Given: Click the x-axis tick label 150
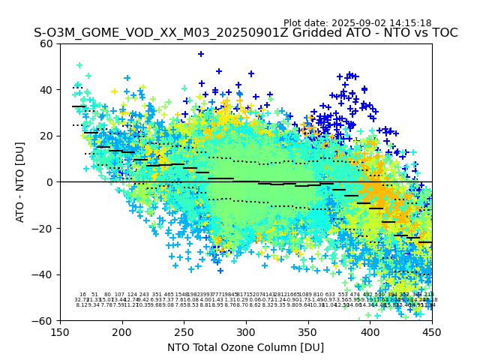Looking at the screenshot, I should pyautogui.click(x=61, y=331).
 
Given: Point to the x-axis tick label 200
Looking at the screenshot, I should pyautogui.click(x=122, y=331).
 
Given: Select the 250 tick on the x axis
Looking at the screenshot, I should pyautogui.click(x=184, y=331).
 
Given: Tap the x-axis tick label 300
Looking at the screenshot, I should pyautogui.click(x=246, y=331).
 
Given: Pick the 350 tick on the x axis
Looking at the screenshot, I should pyautogui.click(x=308, y=331).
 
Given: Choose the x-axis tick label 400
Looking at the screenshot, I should pyautogui.click(x=370, y=331).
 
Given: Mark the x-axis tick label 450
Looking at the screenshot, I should pyautogui.click(x=432, y=331).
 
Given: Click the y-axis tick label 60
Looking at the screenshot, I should pyautogui.click(x=47, y=43).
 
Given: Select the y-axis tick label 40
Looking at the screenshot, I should pyautogui.click(x=47, y=90).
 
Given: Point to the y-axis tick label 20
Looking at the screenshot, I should pyautogui.click(x=47, y=136).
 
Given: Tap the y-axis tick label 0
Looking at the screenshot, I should pyautogui.click(x=50, y=182).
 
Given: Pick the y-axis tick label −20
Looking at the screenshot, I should pyautogui.click(x=44, y=228).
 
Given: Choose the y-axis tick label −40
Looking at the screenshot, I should pyautogui.click(x=44, y=274).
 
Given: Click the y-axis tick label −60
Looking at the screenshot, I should pyautogui.click(x=44, y=320).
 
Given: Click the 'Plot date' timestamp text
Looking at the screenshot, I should pyautogui.click(x=357, y=23).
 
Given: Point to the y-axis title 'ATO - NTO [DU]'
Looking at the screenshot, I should pyautogui.click(x=21, y=182).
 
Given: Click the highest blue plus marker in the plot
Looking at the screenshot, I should pyautogui.click(x=201, y=54).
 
